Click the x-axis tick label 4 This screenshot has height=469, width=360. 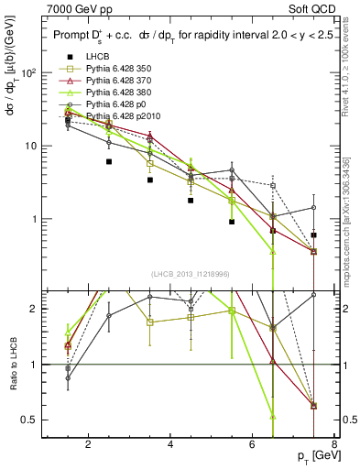[171, 446]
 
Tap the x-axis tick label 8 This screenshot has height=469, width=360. [335, 446]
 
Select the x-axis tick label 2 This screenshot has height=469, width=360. [88, 446]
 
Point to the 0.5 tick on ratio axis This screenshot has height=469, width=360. [29, 420]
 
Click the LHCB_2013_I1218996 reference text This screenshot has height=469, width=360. [190, 274]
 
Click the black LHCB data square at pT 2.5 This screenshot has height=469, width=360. [109, 161]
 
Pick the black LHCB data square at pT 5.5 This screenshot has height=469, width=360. [232, 222]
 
